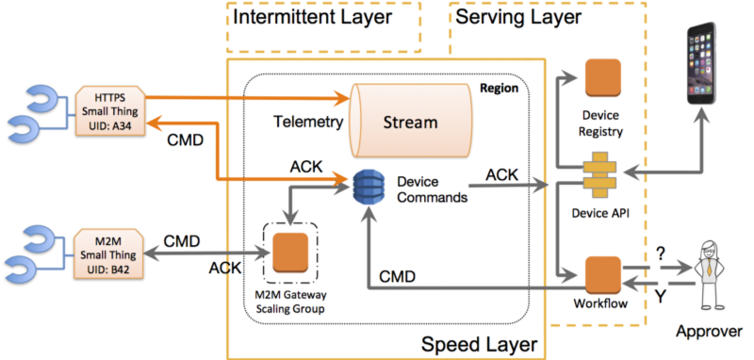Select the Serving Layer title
517,17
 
